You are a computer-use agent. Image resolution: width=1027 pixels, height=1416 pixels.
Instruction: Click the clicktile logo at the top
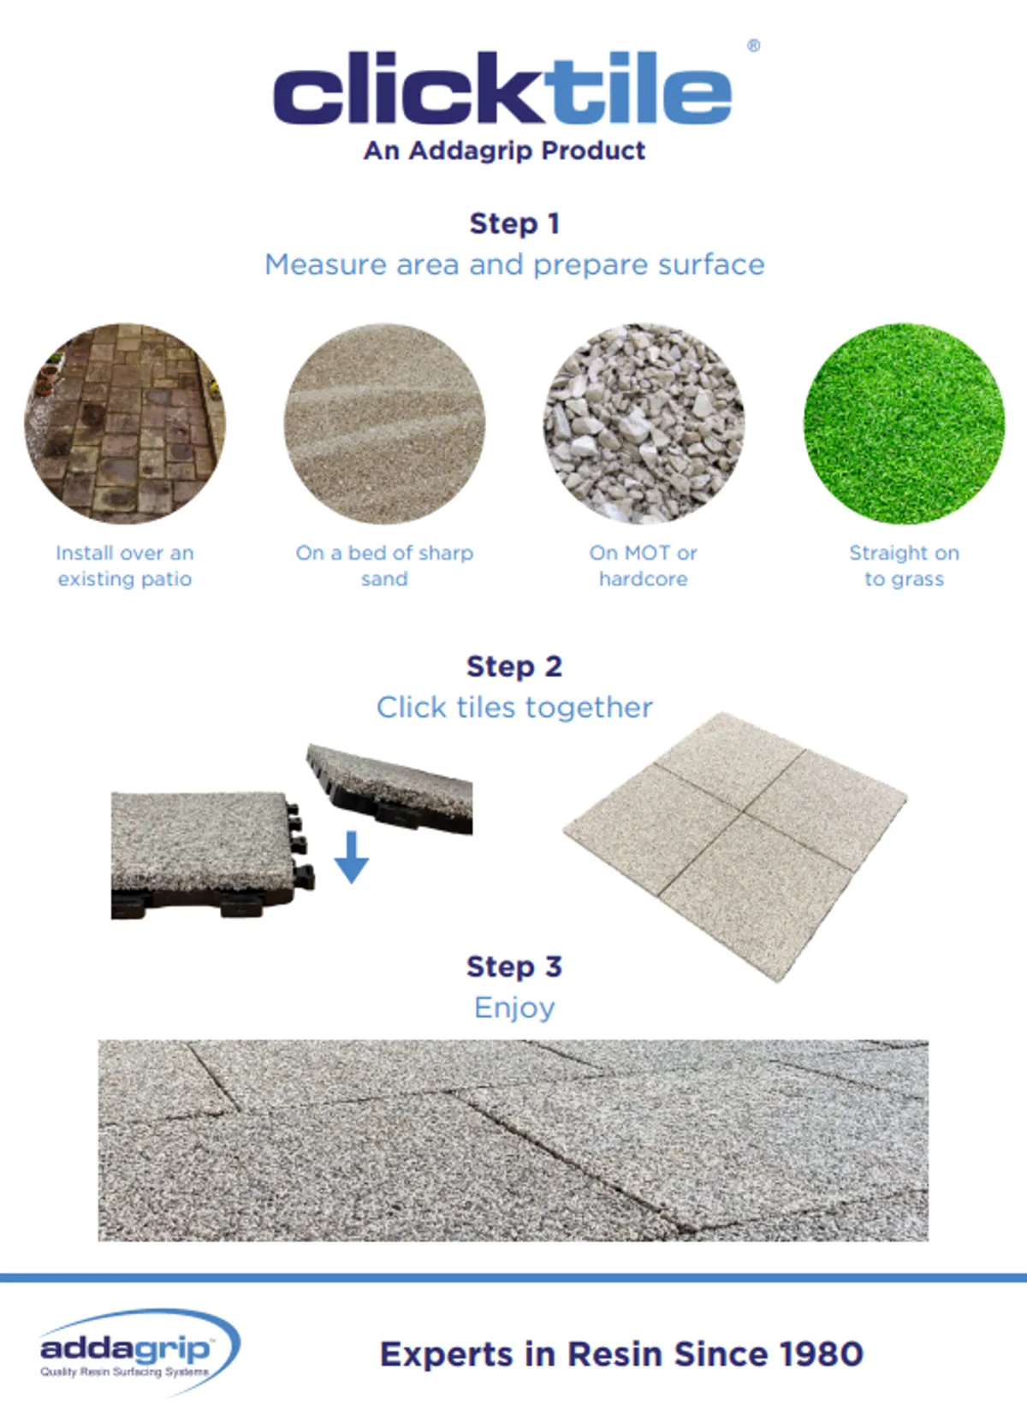(x=502, y=88)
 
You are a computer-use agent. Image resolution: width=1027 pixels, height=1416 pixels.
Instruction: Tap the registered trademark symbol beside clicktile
(x=753, y=45)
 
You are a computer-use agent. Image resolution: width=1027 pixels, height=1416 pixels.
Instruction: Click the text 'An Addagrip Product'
(x=504, y=151)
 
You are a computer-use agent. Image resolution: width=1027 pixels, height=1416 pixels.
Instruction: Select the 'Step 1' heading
(x=514, y=224)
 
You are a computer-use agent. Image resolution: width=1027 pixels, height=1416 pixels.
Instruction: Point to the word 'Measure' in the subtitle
(x=326, y=264)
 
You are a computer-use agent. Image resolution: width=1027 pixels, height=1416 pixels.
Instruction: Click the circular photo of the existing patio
(x=125, y=424)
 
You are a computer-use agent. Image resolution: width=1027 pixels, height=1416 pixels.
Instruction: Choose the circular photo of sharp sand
(x=384, y=424)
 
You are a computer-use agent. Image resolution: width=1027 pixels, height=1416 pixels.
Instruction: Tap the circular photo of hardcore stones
(x=644, y=424)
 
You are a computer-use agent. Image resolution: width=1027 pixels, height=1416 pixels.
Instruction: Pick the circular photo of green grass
(x=905, y=424)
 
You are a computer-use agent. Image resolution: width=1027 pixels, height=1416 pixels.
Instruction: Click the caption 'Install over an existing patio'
(x=125, y=566)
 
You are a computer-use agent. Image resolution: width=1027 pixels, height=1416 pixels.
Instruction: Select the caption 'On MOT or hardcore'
(x=643, y=566)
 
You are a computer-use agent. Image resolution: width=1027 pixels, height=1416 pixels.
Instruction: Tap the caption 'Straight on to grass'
(x=905, y=566)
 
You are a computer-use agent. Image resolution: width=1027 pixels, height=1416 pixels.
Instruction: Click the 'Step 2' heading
(x=514, y=667)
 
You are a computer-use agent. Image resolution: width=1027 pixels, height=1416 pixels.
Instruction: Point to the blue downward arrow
(x=352, y=857)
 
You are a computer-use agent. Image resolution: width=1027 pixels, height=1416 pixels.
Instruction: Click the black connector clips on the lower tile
(x=300, y=844)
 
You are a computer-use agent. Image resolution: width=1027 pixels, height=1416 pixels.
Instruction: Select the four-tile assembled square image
(x=735, y=847)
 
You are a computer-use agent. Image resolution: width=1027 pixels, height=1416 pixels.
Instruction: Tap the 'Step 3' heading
(x=514, y=967)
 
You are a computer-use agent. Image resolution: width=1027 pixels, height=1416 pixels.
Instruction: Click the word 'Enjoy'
(x=514, y=1008)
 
